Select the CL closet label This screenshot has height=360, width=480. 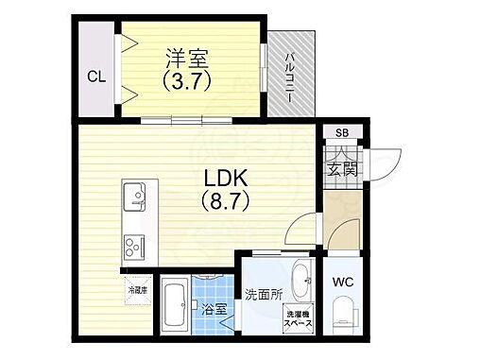95,76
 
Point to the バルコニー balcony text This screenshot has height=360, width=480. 292,73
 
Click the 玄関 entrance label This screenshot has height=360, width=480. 341,169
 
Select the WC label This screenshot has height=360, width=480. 342,281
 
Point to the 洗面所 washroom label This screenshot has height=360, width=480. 265,293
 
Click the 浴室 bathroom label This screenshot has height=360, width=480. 214,309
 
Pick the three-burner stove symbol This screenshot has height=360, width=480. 133,248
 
